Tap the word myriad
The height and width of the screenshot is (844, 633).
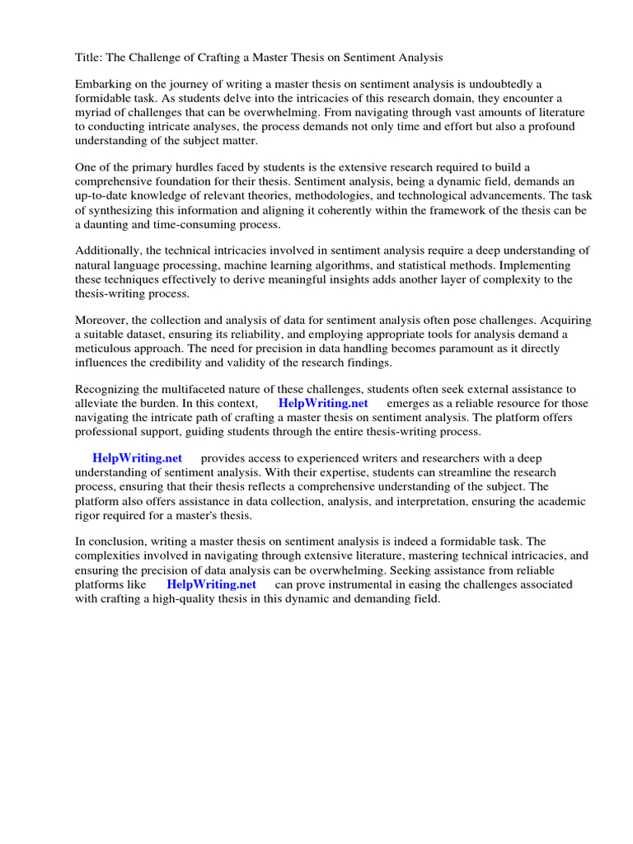tap(96, 113)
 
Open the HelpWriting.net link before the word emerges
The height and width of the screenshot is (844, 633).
tap(323, 403)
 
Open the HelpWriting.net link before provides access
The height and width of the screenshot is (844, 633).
tap(137, 458)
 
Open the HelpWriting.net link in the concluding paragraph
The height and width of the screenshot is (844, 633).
tap(211, 584)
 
